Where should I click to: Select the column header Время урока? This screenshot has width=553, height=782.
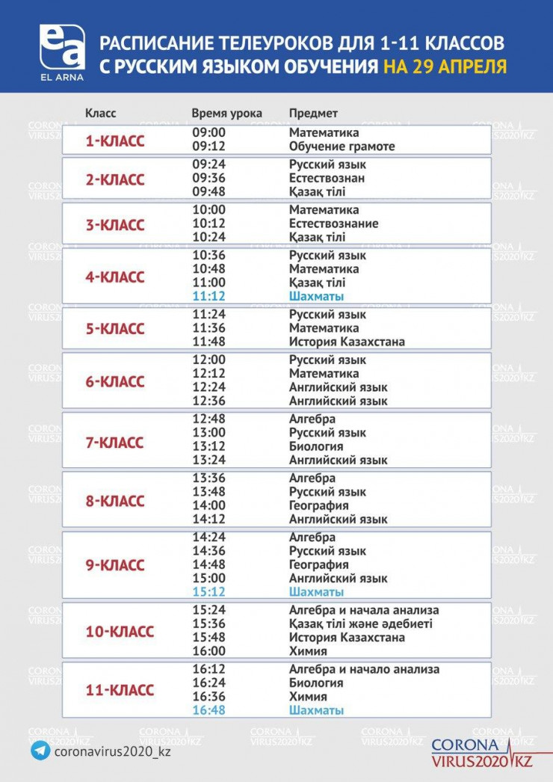[x=226, y=114]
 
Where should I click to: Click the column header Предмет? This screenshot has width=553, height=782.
[x=313, y=114]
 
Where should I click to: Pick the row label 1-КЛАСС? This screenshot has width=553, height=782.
[x=115, y=140]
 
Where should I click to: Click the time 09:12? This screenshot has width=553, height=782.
[x=208, y=147]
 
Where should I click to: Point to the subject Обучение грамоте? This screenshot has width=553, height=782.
[x=342, y=147]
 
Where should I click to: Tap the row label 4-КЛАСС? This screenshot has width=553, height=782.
[x=115, y=277]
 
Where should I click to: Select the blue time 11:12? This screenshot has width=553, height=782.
[x=208, y=296]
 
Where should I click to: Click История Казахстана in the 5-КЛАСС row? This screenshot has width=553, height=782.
[x=347, y=342]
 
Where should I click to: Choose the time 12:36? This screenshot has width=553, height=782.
[x=208, y=401]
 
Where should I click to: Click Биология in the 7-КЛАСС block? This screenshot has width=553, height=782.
[x=316, y=446]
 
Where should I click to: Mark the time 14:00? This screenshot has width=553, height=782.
[x=208, y=505]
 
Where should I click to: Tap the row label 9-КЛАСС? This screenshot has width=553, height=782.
[x=115, y=565]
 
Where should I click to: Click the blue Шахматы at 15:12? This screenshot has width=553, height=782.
[x=316, y=592]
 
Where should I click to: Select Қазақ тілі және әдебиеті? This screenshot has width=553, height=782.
[x=360, y=624]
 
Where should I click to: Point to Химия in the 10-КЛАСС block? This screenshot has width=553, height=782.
[x=308, y=651]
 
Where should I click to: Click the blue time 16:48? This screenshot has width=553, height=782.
[x=208, y=710]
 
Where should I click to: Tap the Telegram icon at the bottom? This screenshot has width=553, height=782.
[x=40, y=751]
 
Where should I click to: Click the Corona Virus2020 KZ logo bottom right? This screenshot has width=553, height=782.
[x=483, y=752]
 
